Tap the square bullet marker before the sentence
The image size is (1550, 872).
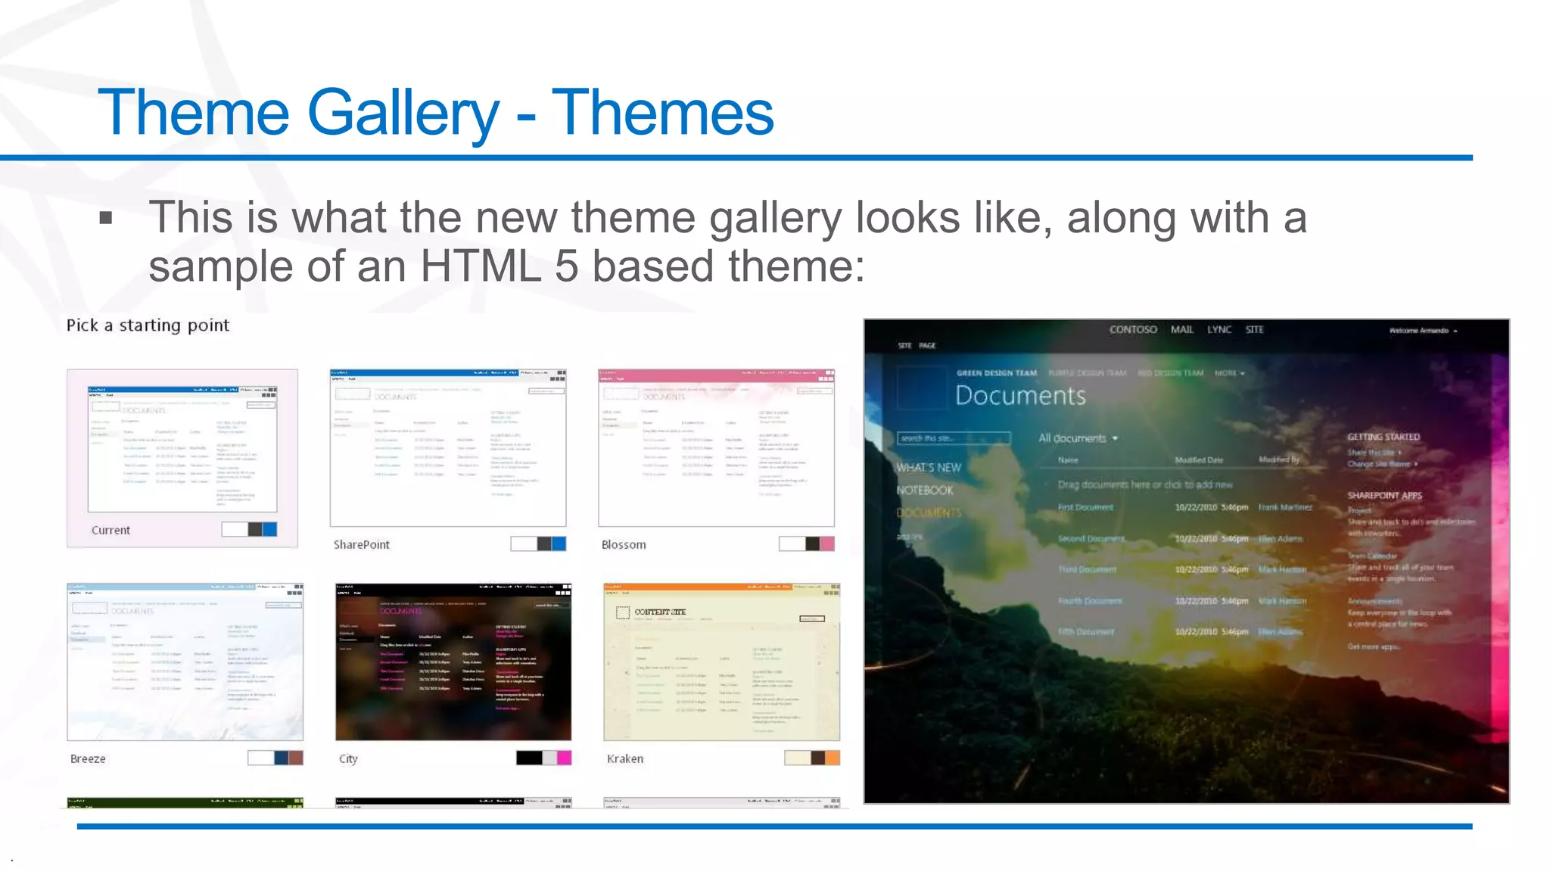click(106, 220)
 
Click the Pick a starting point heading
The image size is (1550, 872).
click(148, 325)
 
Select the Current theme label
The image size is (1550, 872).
click(110, 531)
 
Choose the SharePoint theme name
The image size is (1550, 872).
click(362, 545)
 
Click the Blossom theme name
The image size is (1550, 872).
click(624, 545)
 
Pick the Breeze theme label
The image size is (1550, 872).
click(88, 759)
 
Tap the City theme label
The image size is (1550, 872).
click(348, 759)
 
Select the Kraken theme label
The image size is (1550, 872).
click(625, 759)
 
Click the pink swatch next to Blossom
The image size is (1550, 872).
click(827, 544)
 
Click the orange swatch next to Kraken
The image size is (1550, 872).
click(833, 758)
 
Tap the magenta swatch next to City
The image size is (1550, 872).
click(565, 758)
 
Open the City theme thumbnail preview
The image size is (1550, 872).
click(453, 662)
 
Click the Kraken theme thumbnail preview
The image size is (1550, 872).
click(721, 662)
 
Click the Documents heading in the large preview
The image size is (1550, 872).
click(1020, 396)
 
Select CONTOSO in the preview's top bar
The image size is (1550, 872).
click(1133, 330)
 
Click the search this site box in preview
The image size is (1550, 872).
click(954, 438)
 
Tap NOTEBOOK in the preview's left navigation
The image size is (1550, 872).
click(925, 490)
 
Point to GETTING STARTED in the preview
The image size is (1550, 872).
click(1383, 438)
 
